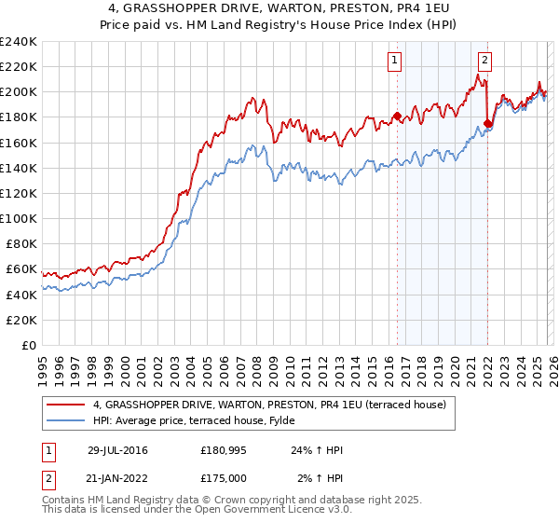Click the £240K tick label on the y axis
click(18, 42)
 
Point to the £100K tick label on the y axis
click(18, 218)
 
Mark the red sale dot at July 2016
click(397, 117)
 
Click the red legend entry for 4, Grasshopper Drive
click(270, 404)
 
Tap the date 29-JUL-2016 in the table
click(117, 450)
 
